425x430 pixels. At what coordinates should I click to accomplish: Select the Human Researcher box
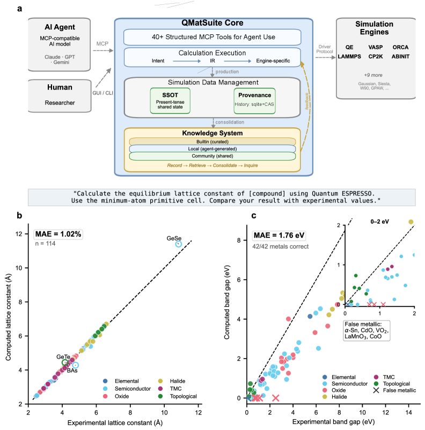[58, 96]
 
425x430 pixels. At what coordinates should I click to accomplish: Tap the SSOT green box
[170, 100]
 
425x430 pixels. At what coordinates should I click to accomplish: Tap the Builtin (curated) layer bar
[213, 141]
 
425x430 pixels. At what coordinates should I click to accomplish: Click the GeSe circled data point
[179, 244]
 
